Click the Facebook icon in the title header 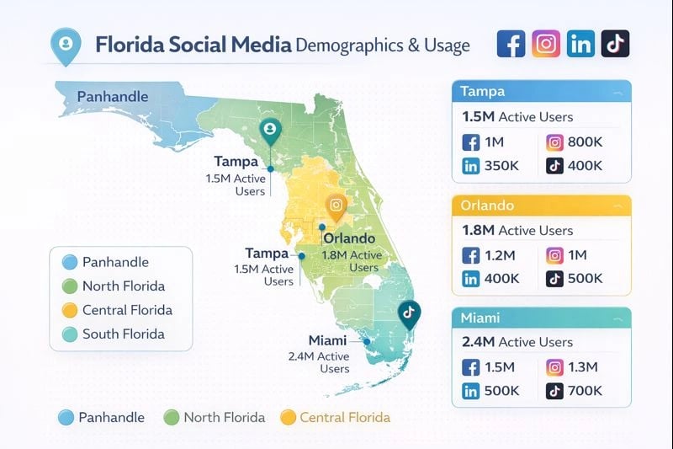click(x=511, y=44)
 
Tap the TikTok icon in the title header click(x=615, y=44)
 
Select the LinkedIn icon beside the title click(x=580, y=44)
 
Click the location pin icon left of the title click(x=65, y=45)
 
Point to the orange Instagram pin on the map click(x=336, y=206)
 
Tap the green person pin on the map click(x=270, y=131)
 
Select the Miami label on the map click(x=327, y=340)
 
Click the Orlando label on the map click(x=349, y=238)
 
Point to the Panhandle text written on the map click(x=112, y=96)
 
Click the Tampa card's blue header click(x=541, y=92)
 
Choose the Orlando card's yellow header click(x=541, y=206)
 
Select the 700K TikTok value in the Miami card click(x=585, y=391)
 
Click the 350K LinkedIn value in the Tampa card click(x=501, y=166)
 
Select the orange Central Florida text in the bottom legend click(x=344, y=417)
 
